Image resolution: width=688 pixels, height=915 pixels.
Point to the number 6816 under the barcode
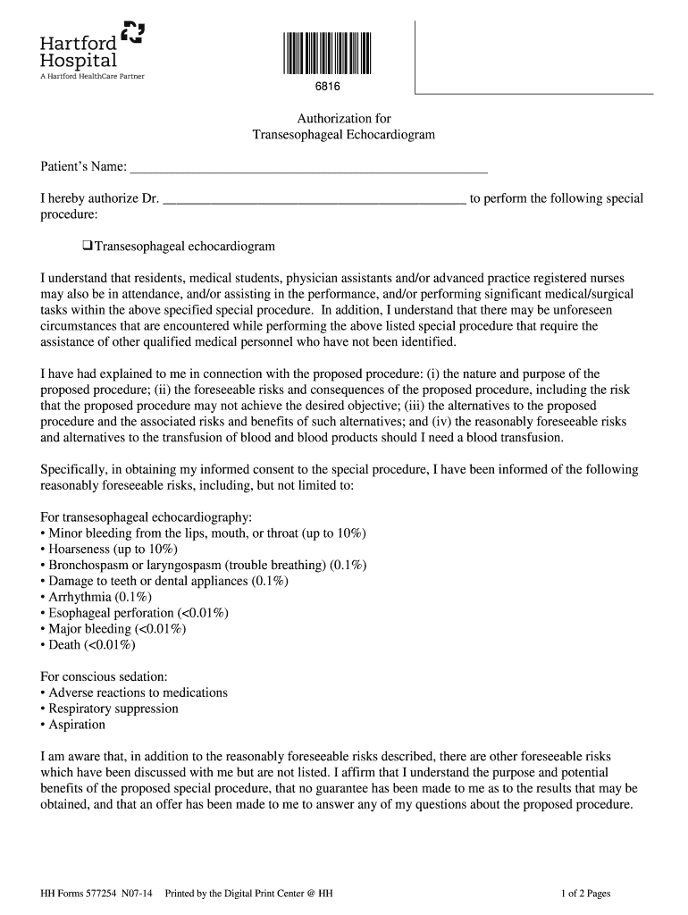click(327, 88)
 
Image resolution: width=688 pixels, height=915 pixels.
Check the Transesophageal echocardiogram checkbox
click(88, 246)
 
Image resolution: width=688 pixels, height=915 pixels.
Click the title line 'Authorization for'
click(344, 118)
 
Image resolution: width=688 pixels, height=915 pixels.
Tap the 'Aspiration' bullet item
click(76, 726)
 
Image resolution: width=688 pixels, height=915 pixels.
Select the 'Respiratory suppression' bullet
click(113, 709)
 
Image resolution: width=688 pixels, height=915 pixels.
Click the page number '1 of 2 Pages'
click(585, 893)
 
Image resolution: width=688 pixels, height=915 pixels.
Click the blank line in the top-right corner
click(534, 93)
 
